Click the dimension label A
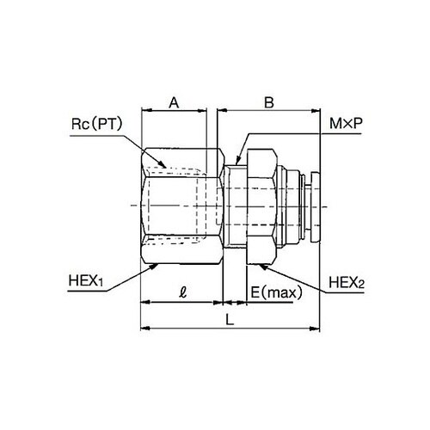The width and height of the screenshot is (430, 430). click(174, 101)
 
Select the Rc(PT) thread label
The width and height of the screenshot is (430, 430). click(98, 125)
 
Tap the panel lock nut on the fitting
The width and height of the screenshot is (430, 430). click(261, 206)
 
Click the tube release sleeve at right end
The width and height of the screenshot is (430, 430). click(310, 206)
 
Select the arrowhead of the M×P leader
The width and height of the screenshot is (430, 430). click(236, 160)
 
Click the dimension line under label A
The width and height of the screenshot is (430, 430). click(174, 112)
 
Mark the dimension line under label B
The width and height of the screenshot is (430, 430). click(269, 112)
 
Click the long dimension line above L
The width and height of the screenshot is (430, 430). click(230, 329)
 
